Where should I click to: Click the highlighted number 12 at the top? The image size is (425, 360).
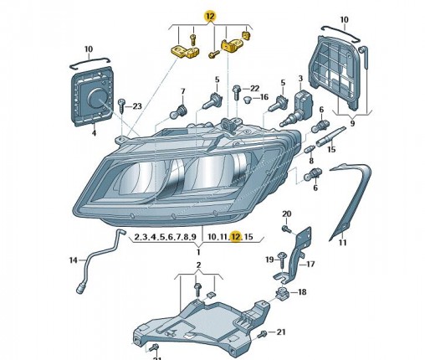click(x=210, y=17)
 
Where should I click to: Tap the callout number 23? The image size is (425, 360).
click(x=137, y=106)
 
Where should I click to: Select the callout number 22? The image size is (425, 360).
click(x=254, y=89)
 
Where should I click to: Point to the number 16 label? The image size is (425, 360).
click(x=264, y=97)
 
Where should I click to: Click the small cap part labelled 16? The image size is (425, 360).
click(x=248, y=100)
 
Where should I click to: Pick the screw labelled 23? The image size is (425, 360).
click(x=122, y=105)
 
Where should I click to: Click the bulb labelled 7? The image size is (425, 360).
click(x=178, y=111)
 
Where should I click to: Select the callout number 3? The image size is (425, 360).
click(x=300, y=79)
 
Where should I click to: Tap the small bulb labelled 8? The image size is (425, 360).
click(x=310, y=149)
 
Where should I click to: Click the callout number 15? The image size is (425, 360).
click(x=331, y=149)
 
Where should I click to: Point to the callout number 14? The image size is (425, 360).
click(x=73, y=260)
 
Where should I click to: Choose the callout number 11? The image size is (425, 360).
click(x=342, y=243)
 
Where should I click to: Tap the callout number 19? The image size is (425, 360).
click(x=269, y=260)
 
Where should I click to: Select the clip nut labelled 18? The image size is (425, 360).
click(x=281, y=293)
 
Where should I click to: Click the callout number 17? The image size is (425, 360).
click(x=310, y=264)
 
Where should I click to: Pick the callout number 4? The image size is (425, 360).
click(x=94, y=133)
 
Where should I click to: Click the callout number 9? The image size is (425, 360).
click(x=352, y=123)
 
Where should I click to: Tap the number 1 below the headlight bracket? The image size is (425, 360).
click(x=198, y=252)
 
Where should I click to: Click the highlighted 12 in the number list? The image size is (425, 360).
click(x=236, y=237)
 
